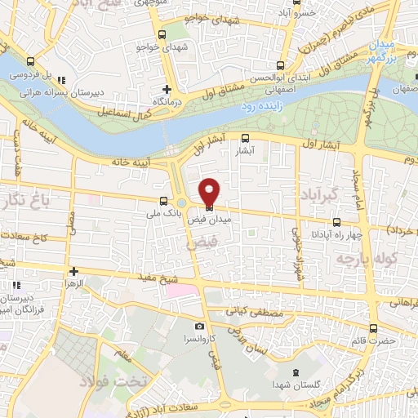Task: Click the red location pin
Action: pos(210,189)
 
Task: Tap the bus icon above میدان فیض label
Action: pos(210,207)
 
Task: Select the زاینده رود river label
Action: pos(260,107)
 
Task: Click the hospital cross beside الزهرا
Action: pos(73,271)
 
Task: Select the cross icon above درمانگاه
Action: pos(167,88)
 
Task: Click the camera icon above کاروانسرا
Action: pos(199,325)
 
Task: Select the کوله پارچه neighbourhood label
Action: pos(363,260)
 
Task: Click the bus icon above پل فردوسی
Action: pos(31,61)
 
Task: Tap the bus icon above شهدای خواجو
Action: pos(161,35)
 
